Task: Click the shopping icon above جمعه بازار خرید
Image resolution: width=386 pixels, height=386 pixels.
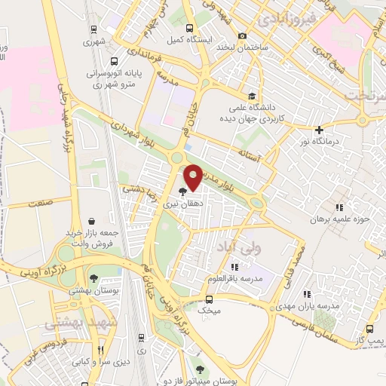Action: click(x=91, y=222)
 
